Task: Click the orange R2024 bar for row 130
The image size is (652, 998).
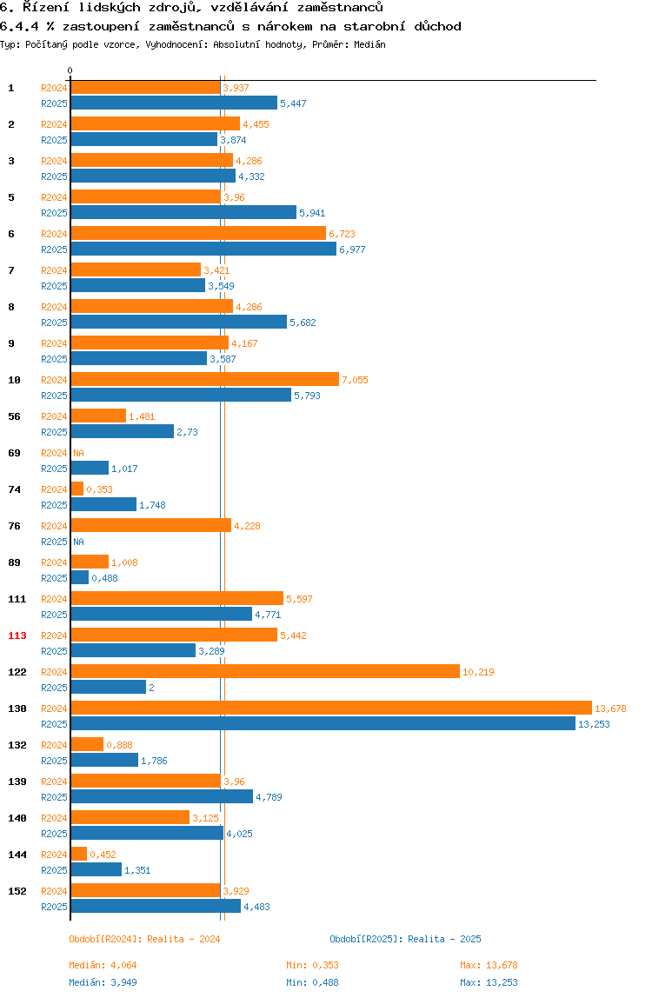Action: point(330,708)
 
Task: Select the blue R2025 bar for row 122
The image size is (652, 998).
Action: point(108,687)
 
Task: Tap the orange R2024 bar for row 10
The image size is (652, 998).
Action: point(204,379)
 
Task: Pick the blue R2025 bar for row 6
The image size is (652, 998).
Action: point(203,249)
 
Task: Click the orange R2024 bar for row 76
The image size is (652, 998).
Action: point(150,525)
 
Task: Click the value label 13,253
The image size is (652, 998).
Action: point(594,724)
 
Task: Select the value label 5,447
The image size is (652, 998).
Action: point(293,103)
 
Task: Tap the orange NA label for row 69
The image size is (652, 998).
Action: point(78,453)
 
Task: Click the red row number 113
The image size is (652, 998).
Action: point(17,635)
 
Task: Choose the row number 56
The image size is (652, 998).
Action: point(14,416)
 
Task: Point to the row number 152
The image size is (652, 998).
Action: point(17,891)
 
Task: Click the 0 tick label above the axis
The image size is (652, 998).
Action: point(70,70)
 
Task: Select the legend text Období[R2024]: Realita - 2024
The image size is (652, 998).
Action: point(144,939)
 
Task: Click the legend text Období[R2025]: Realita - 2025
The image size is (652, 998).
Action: point(405,939)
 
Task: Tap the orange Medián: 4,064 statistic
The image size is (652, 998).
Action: point(103,965)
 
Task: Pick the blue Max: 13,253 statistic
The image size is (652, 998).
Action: point(489,982)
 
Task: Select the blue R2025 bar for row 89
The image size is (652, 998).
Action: point(79,577)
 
